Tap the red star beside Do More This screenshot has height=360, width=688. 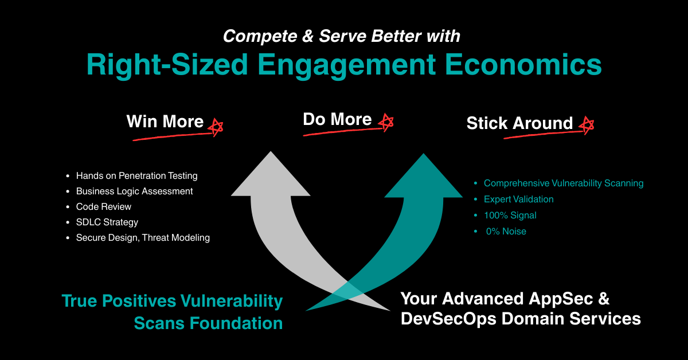tap(386, 122)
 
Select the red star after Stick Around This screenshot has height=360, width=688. tap(587, 125)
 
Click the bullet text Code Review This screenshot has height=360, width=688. tap(104, 207)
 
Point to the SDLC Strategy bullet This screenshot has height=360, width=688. tap(107, 222)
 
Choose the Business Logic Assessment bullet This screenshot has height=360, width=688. tap(135, 191)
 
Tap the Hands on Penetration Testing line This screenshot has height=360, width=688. tap(136, 175)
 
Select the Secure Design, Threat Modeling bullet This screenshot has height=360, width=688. tap(143, 238)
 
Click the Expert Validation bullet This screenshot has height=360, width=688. tap(519, 199)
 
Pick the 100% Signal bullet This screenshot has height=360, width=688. tap(510, 216)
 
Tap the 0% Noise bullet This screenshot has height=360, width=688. tap(506, 231)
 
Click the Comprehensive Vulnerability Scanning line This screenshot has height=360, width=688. tap(564, 183)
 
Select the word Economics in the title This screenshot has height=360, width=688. tap(523, 65)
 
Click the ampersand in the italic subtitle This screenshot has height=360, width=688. tap(308, 36)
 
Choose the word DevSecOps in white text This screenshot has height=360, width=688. tap(448, 319)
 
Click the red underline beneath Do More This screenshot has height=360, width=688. tap(343, 132)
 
